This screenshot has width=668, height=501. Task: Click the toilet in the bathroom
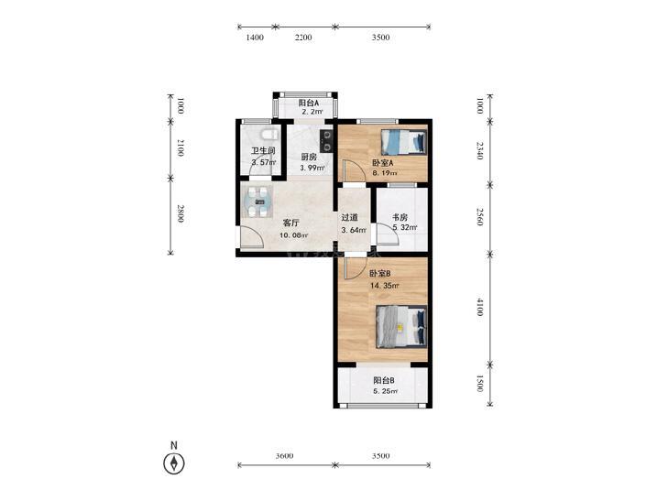[269, 135]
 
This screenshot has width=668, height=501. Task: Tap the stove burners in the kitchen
[327, 140]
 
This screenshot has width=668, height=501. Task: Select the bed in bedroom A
[403, 142]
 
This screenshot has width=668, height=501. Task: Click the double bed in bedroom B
[400, 326]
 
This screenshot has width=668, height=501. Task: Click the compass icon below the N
[174, 463]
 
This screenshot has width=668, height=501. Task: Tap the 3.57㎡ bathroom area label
[264, 162]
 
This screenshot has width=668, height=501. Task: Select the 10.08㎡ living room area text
[293, 235]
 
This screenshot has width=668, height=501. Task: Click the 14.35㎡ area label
[385, 286]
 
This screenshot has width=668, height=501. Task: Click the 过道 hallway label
[350, 217]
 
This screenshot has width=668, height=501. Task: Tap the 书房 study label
[400, 217]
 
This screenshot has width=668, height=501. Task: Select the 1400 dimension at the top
[255, 38]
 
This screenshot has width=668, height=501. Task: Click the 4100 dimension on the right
[480, 307]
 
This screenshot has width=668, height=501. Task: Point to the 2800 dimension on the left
[181, 213]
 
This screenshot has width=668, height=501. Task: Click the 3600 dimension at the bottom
[285, 456]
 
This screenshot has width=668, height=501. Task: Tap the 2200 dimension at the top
[303, 38]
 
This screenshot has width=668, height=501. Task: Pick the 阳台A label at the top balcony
[309, 103]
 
